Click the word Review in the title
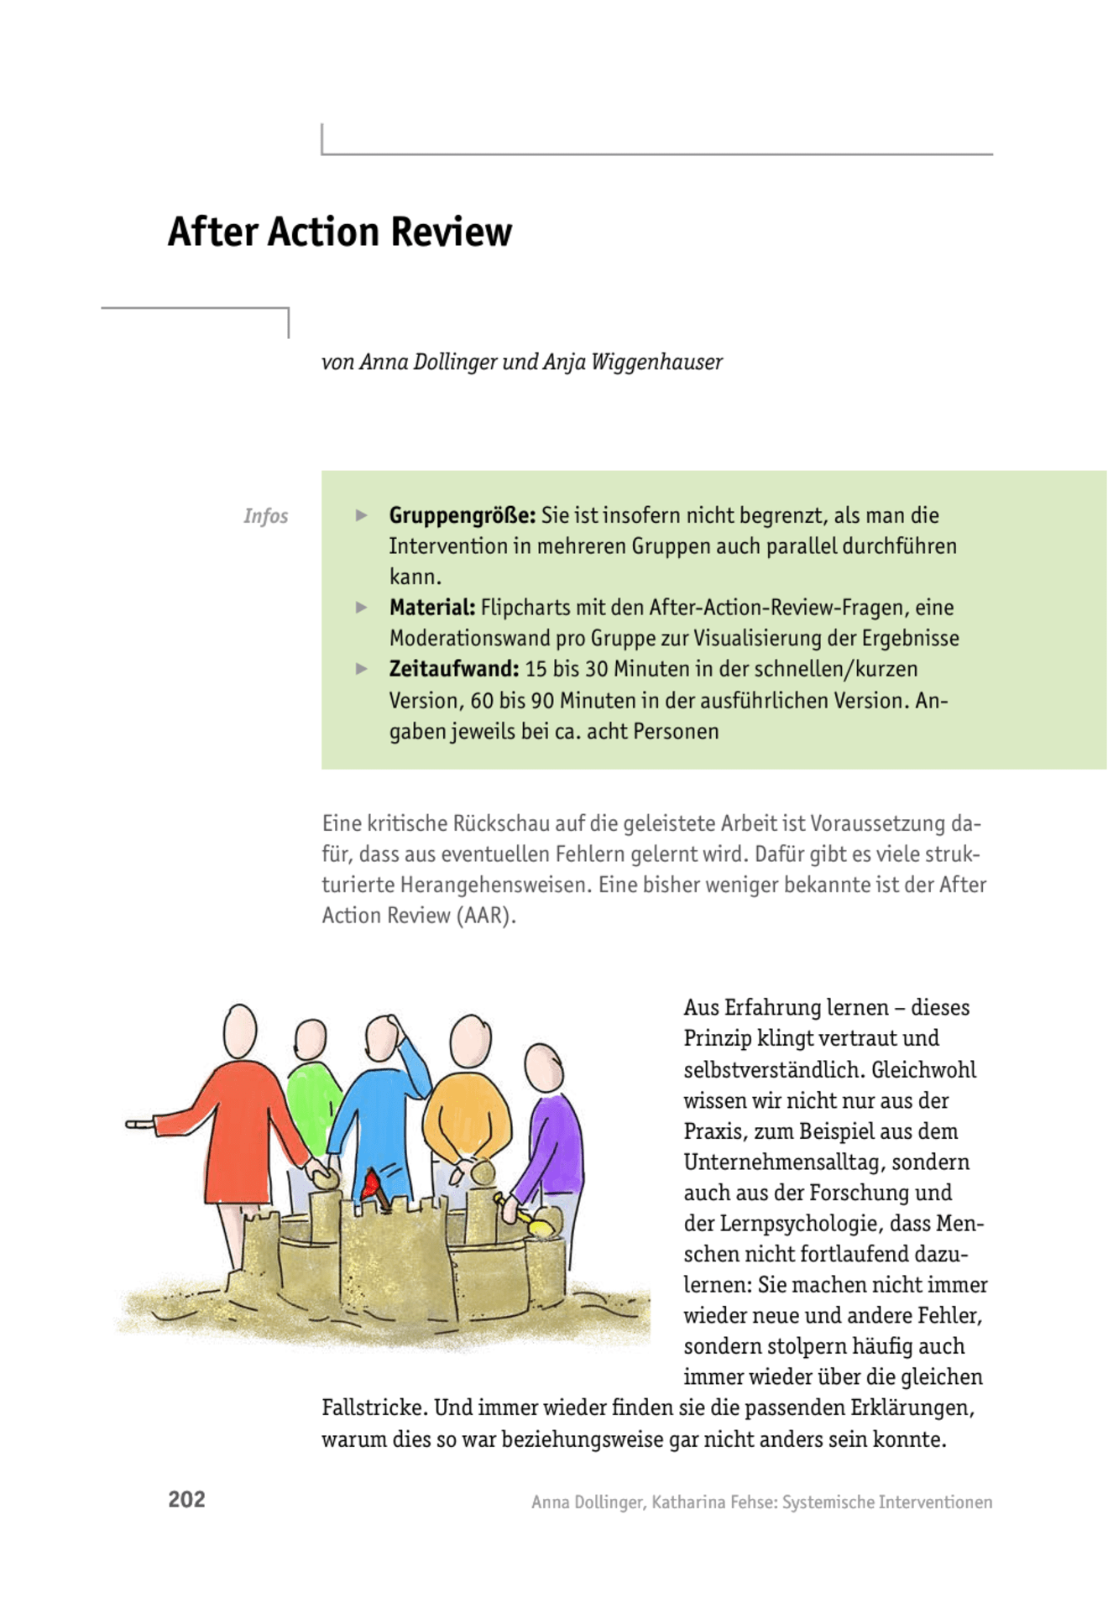pos(451,232)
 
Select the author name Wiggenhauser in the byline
pos(656,363)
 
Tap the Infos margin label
pos(265,516)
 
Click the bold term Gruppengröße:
pos(462,515)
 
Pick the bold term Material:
pos(431,608)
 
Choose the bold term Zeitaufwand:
pos(453,669)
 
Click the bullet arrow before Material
pos(362,608)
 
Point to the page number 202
pos(186,1500)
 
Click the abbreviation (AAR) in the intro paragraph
pos(486,916)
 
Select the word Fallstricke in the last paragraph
pos(374,1408)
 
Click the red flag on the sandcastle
pos(370,1184)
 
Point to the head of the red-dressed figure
pos(239,1031)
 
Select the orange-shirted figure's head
pos(470,1042)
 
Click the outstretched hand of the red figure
pos(138,1124)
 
